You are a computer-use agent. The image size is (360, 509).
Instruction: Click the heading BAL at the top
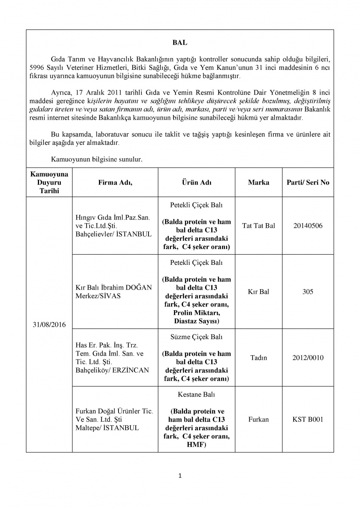(180, 43)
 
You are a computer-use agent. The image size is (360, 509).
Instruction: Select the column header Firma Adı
(115, 183)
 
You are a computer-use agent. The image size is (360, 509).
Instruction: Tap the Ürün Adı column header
(196, 183)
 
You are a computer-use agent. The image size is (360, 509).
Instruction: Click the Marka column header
(258, 183)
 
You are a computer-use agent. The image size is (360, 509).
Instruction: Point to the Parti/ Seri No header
(308, 183)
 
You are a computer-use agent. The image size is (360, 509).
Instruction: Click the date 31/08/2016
(49, 325)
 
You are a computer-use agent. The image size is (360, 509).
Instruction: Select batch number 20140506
(308, 226)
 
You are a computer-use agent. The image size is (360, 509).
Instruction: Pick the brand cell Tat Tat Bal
(258, 226)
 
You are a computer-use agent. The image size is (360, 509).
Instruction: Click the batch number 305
(308, 292)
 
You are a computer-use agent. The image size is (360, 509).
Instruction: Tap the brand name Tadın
(258, 358)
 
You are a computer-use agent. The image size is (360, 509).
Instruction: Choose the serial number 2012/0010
(308, 358)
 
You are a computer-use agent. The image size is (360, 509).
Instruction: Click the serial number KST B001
(308, 419)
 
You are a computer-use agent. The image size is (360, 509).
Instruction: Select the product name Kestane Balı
(196, 395)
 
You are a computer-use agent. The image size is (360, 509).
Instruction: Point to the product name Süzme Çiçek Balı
(196, 337)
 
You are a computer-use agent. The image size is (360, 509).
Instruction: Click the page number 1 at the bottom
(180, 476)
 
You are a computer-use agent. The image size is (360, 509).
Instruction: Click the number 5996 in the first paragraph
(37, 68)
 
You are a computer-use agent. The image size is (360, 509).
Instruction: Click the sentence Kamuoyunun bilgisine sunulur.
(96, 159)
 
